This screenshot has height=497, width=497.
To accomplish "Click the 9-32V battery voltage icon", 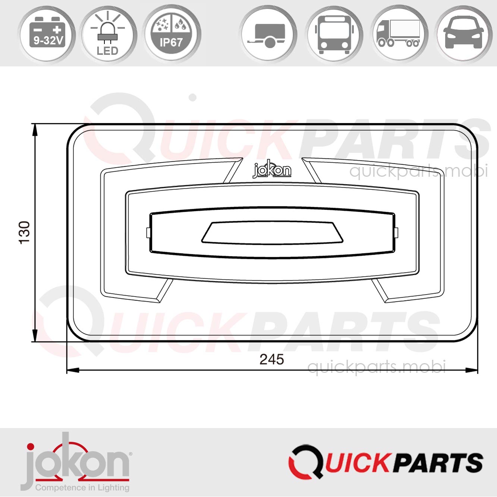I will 47,34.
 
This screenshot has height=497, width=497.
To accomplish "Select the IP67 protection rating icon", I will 172,34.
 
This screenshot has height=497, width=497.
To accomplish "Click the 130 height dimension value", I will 24,233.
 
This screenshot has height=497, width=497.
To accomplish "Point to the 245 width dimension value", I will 272,359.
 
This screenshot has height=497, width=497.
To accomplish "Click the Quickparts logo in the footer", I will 386,461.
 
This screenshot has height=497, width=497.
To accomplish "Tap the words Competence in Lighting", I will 82,488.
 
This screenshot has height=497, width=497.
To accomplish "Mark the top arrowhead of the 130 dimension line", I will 35,129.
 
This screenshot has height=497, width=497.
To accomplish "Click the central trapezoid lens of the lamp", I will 272,233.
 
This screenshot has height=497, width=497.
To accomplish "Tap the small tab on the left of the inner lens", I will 148,233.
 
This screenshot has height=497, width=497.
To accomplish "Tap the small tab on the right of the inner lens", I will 396,232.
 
